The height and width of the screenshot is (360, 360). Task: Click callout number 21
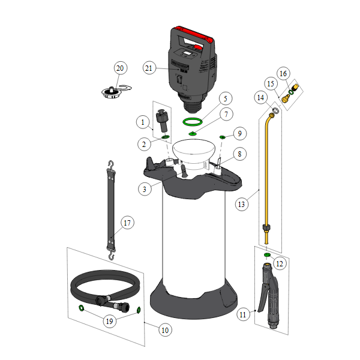(149, 68)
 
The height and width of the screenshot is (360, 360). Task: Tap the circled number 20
(121, 68)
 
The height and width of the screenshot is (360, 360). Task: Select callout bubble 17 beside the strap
(127, 223)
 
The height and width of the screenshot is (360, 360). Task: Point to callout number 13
(242, 204)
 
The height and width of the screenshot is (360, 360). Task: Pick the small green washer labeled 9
(222, 137)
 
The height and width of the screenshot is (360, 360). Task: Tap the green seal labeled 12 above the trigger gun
(267, 254)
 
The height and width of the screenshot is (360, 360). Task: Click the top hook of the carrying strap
(112, 166)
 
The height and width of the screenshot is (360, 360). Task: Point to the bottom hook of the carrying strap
(112, 254)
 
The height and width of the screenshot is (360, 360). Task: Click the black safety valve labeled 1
(163, 121)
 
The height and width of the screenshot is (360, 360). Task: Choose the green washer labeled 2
(166, 137)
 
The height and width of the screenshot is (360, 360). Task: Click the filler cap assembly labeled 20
(112, 92)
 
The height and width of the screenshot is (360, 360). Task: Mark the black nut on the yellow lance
(266, 228)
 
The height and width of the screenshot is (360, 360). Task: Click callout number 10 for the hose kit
(166, 330)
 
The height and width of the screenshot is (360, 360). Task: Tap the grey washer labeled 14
(275, 110)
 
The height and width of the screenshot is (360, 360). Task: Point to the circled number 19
(110, 321)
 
